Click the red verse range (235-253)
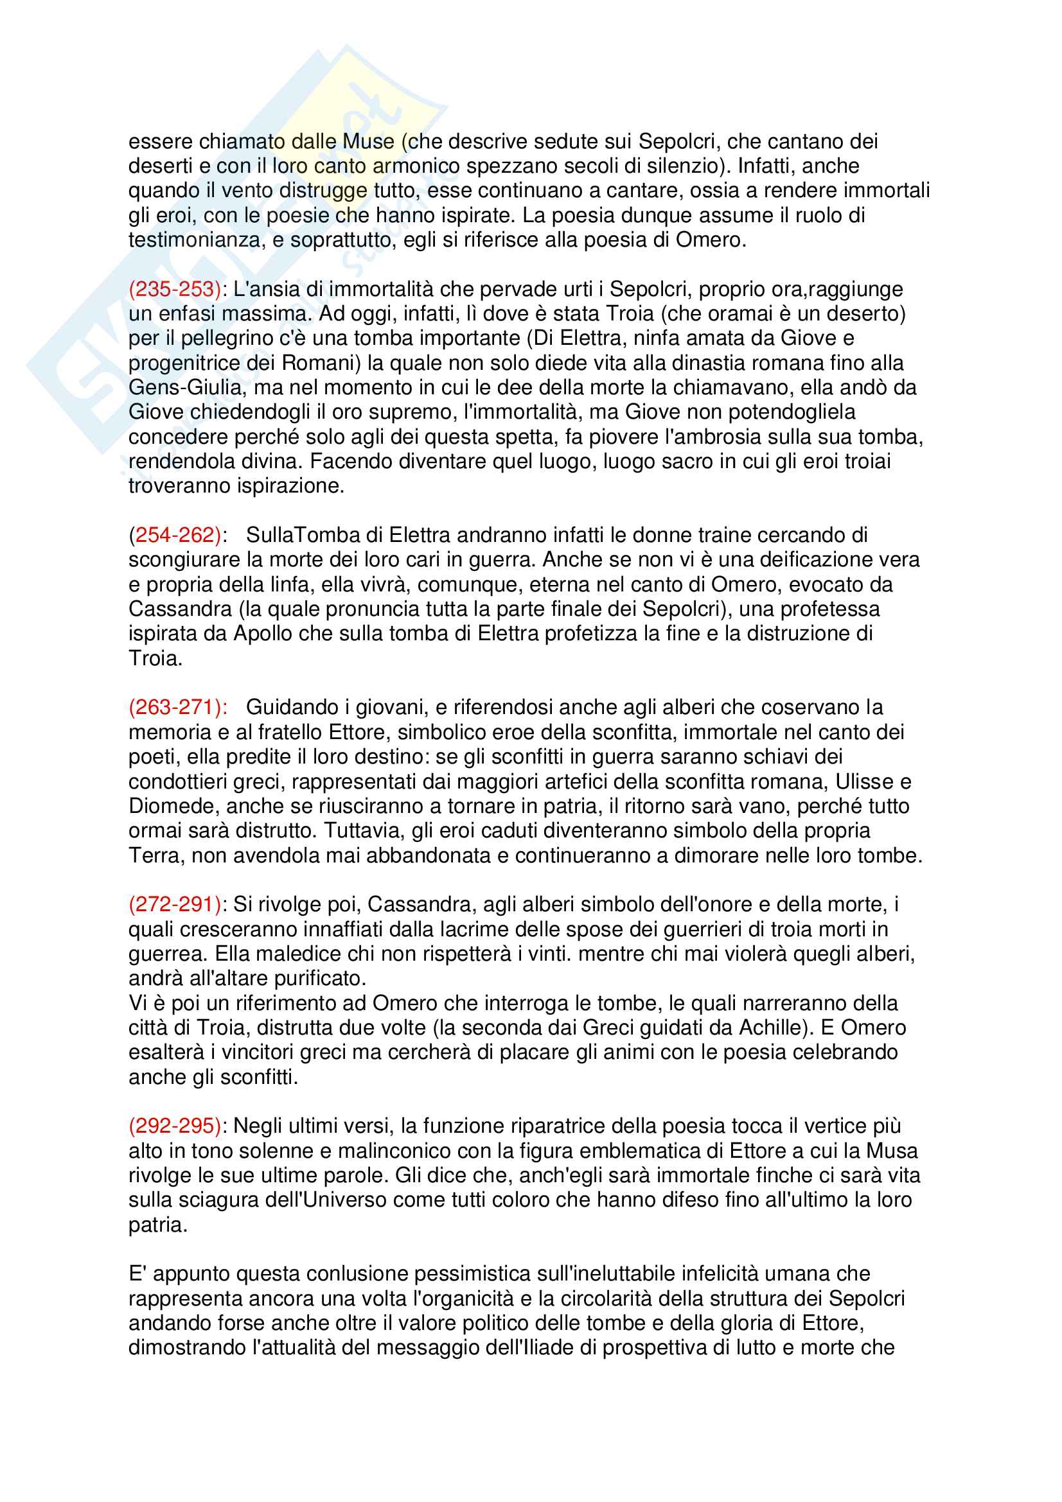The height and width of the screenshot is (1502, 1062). coord(175,289)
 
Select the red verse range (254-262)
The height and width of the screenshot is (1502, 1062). coord(175,535)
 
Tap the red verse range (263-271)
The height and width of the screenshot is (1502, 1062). coord(177,707)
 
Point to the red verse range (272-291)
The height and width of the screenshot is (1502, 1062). coord(175,904)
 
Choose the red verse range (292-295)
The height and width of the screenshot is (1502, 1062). coord(175,1126)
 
